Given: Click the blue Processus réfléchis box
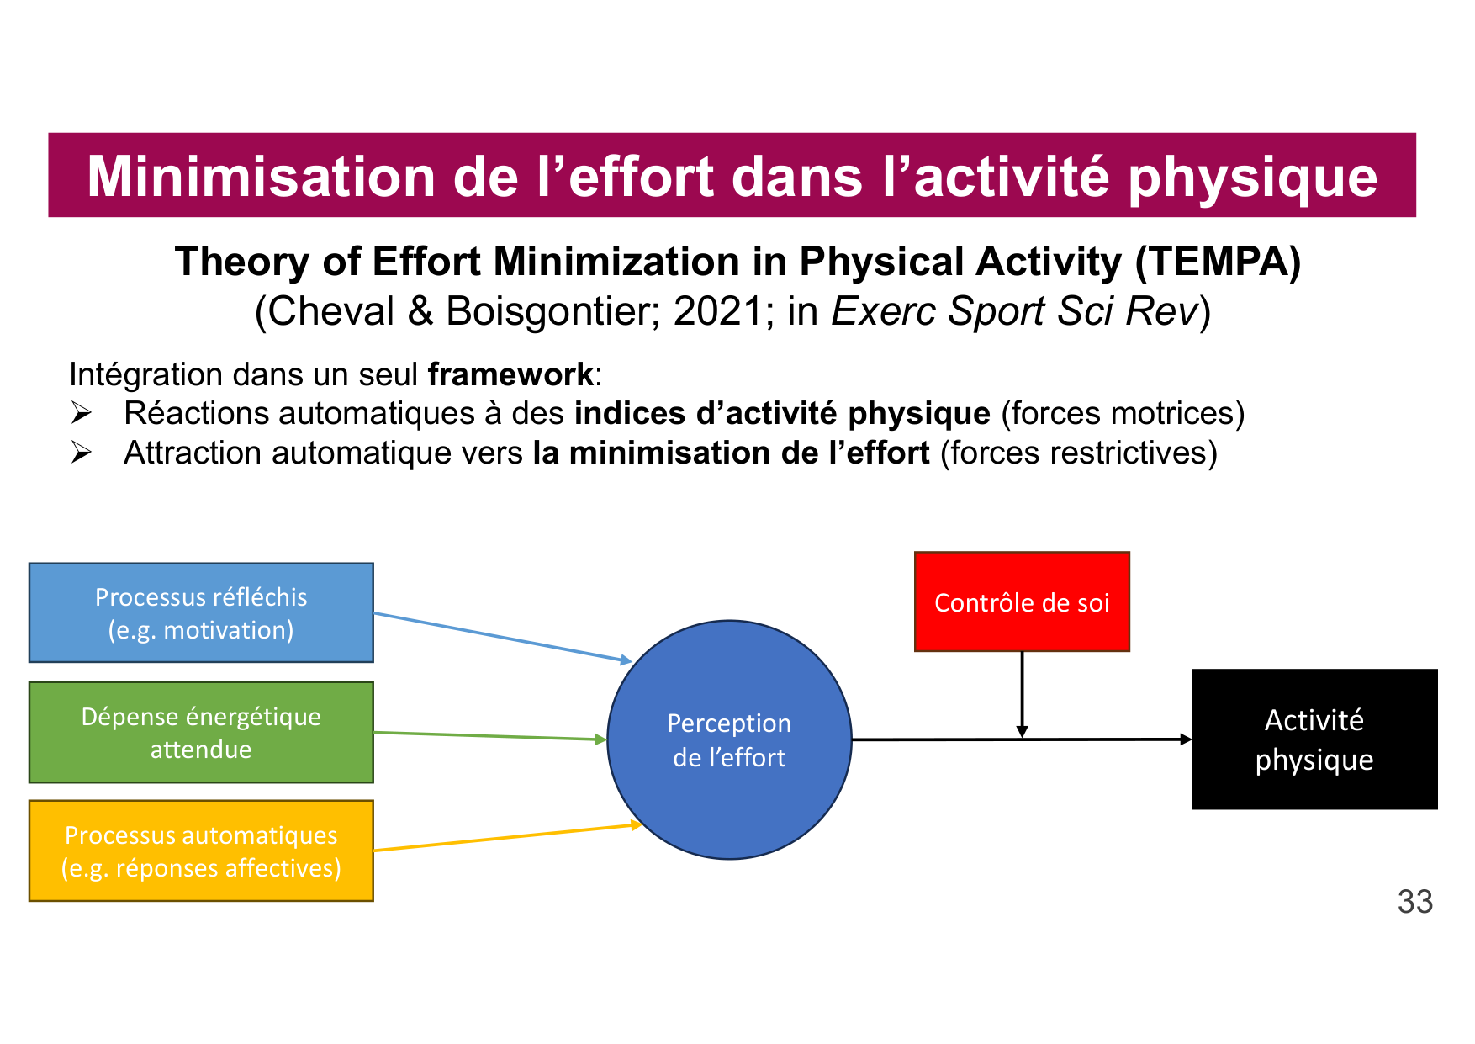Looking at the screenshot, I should [201, 612].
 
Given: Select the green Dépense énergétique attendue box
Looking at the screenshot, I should [201, 732].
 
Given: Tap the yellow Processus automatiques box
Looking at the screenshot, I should [201, 851].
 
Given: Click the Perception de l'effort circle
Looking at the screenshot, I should [729, 739].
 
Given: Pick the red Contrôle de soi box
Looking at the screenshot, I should [1022, 601].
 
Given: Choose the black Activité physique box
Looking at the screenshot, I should [1314, 739].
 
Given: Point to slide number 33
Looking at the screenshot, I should [1415, 902].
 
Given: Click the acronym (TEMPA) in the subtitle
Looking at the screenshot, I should [1219, 262].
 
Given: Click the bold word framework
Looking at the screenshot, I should [510, 374].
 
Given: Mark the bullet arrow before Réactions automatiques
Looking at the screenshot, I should [82, 413].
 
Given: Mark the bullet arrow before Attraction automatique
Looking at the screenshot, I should [82, 453].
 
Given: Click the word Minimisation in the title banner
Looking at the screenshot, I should [261, 177].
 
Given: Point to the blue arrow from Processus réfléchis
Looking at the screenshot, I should [501, 637].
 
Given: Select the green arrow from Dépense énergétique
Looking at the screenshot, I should [489, 736].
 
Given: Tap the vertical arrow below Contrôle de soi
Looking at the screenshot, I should [1022, 694].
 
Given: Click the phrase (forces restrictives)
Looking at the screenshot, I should [1078, 453].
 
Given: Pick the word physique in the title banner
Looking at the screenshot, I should [1252, 177].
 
